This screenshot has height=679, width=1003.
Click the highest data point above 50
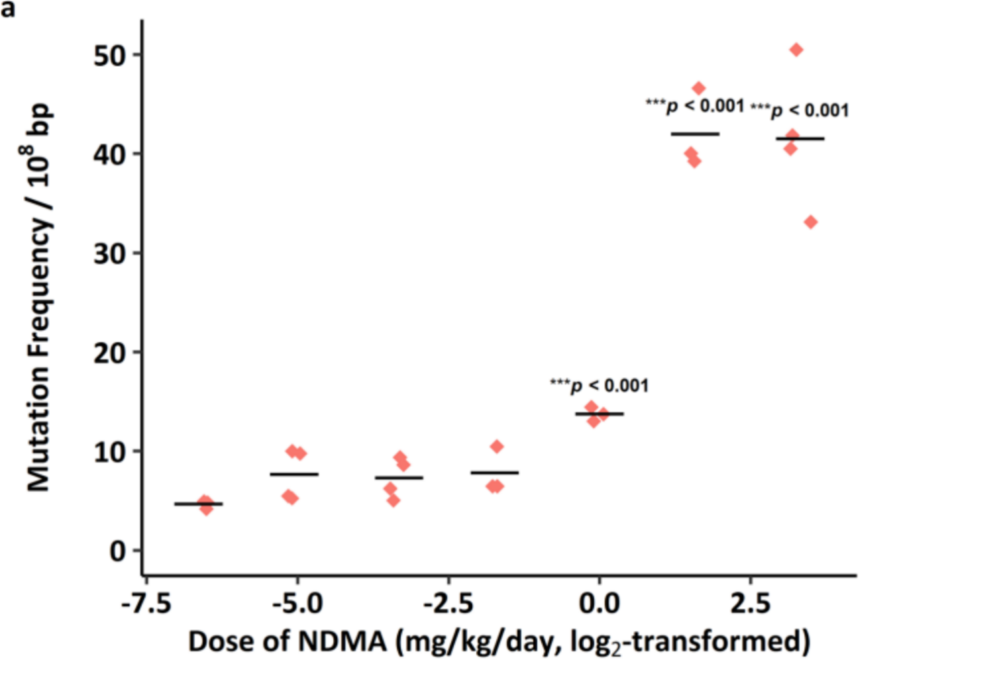pos(796,50)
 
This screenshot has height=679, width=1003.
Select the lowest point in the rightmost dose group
pos(810,222)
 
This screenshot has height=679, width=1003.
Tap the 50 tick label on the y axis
pos(109,56)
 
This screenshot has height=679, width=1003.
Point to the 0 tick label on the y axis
pos(117,551)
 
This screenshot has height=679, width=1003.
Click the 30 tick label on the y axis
pos(109,253)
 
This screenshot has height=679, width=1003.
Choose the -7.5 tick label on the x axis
pos(146,604)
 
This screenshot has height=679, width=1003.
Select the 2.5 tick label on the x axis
pos(751,604)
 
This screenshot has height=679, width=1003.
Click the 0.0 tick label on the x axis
pos(599,604)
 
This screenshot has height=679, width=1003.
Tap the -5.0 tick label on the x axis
pos(297,604)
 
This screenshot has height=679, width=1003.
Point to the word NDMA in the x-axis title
pos(342,641)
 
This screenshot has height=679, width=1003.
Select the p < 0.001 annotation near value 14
pos(600,385)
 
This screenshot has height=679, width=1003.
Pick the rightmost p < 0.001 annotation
pos(800,110)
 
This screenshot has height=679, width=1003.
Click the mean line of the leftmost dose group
pos(199,504)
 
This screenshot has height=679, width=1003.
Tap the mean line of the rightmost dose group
pos(800,139)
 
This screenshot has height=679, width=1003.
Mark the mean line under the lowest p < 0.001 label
pos(600,414)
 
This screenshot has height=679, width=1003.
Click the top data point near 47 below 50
pos(698,88)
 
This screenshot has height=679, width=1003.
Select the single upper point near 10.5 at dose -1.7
pos(497,447)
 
